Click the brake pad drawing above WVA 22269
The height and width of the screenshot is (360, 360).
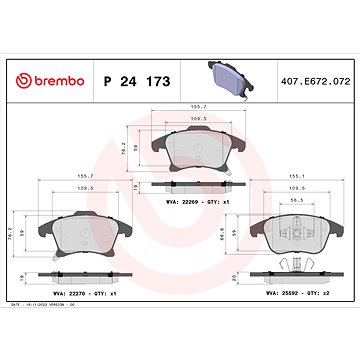pyautogui.click(x=194, y=152)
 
